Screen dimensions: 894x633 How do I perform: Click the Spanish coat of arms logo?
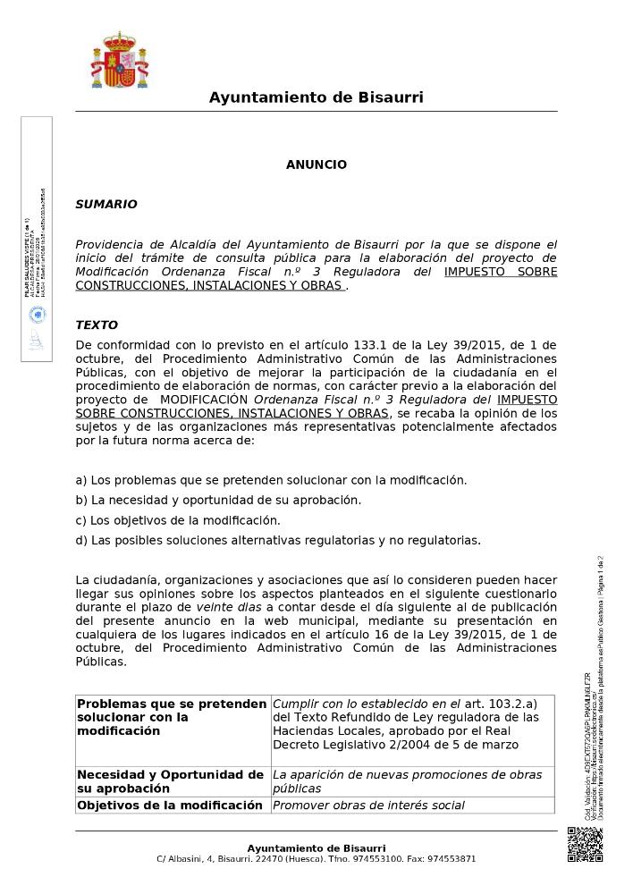(x=120, y=61)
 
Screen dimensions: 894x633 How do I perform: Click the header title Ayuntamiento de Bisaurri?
(x=316, y=97)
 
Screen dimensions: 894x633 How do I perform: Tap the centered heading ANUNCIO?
(x=316, y=165)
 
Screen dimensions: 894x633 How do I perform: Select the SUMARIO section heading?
(x=105, y=205)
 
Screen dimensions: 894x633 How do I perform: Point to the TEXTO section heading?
(x=96, y=325)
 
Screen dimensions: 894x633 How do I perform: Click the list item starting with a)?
(x=270, y=480)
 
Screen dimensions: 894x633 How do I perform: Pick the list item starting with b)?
(x=218, y=501)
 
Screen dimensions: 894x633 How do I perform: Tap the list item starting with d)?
(x=277, y=540)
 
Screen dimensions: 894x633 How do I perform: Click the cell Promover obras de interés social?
(x=368, y=805)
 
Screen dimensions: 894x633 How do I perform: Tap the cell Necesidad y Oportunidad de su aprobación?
(x=170, y=781)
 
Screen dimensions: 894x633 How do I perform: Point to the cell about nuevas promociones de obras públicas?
(x=407, y=781)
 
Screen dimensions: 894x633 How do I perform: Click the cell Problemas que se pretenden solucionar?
(x=170, y=717)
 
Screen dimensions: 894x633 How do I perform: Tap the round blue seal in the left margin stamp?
(x=37, y=314)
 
